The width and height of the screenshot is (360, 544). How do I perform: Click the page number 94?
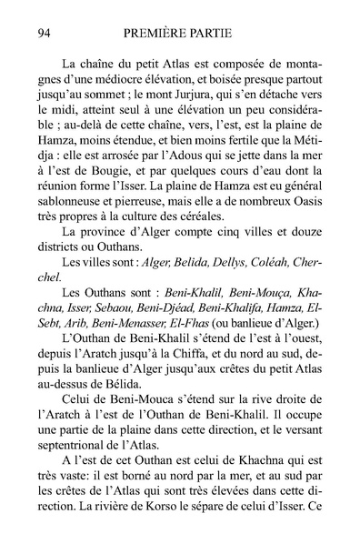[40, 34]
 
